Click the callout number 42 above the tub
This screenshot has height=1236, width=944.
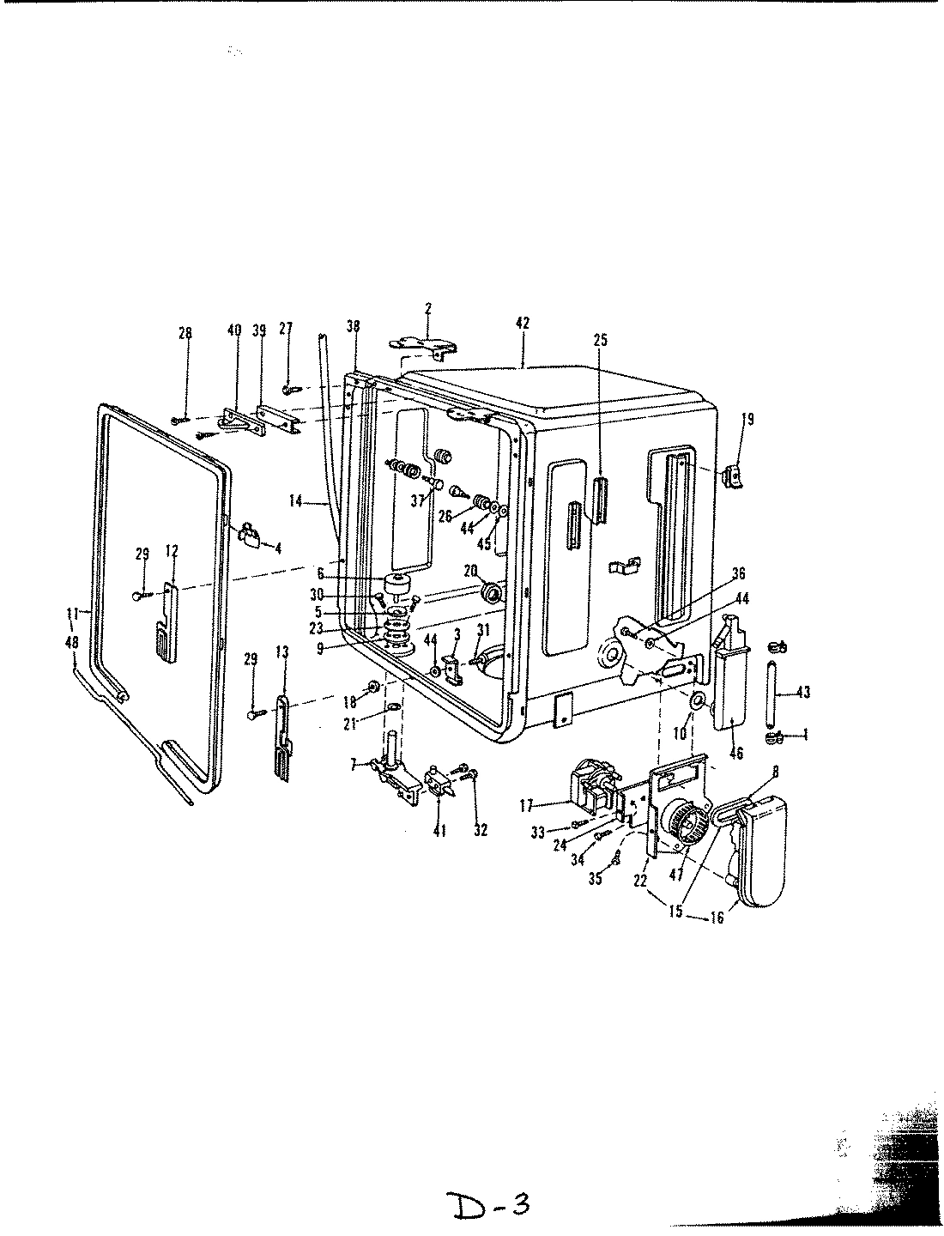(523, 324)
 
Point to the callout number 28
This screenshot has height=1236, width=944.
(185, 334)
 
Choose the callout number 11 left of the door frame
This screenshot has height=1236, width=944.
(73, 613)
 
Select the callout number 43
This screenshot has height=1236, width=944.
(802, 692)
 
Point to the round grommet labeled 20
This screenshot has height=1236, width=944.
(494, 593)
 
